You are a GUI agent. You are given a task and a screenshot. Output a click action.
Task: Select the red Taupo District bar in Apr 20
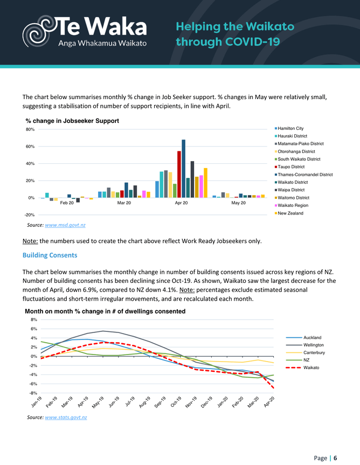179,174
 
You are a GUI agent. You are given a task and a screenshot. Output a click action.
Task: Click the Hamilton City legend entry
291,128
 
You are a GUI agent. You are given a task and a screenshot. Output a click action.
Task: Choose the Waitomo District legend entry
294,198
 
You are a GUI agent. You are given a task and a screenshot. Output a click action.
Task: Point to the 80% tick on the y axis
30,129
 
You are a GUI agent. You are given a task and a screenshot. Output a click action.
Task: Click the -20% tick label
30,215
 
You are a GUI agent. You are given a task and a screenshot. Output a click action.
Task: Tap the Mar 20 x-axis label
124,203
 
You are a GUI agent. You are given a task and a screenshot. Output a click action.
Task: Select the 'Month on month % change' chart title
105,311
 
